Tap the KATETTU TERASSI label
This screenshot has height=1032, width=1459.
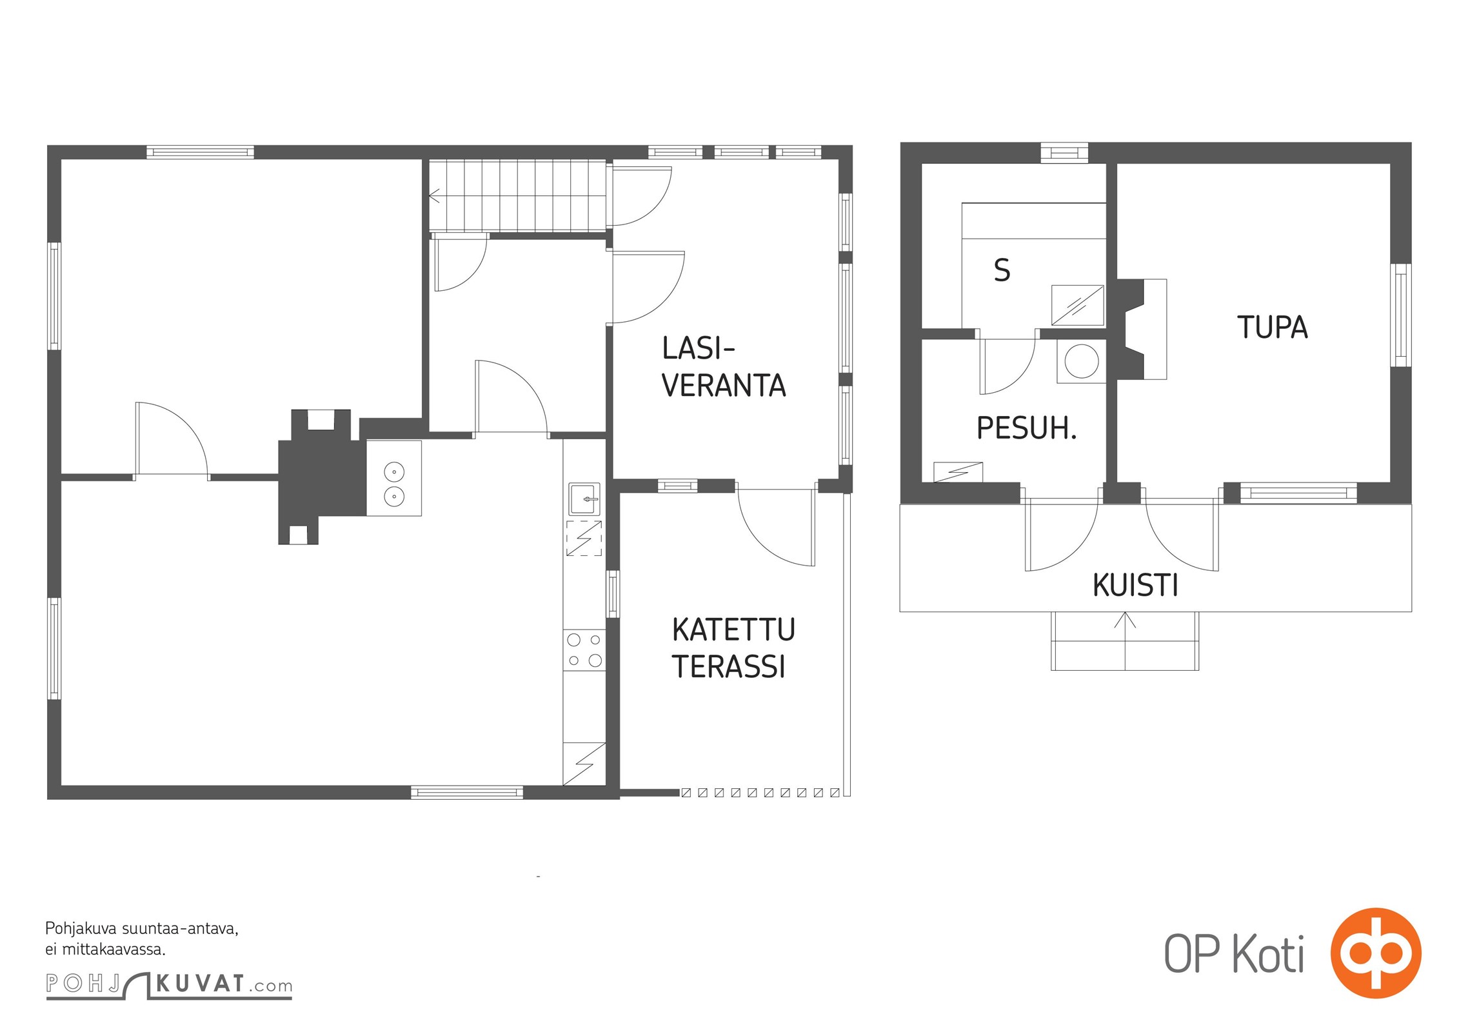pos(733,648)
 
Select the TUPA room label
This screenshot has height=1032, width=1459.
pos(1272,328)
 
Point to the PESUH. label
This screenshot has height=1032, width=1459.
pos(1026,428)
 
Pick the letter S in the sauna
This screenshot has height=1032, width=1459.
pos(1002,270)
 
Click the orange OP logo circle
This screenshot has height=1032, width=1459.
pos(1375,953)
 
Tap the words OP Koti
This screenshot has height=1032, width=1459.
pos(1233,954)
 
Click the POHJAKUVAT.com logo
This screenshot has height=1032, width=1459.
pos(169,984)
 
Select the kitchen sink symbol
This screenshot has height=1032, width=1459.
pos(584,499)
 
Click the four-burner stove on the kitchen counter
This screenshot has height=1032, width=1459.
pos(584,650)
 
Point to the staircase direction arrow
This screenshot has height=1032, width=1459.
pos(434,196)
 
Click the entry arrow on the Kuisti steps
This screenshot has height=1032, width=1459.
pos(1125,620)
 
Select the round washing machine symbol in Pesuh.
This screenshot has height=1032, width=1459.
pos(1082,361)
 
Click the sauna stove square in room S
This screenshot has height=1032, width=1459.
pos(1077,305)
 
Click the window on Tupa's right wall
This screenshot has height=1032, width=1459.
pos(1400,315)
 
